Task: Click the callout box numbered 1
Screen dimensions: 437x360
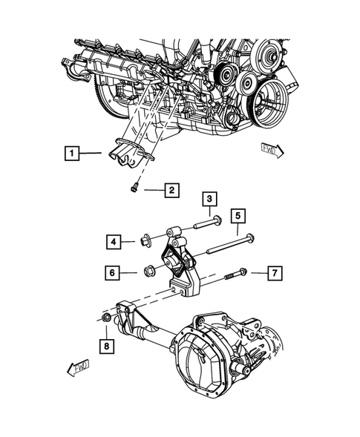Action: [x=71, y=154]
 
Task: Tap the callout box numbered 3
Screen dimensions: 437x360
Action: [x=210, y=199]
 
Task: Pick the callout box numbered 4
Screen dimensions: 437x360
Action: [x=114, y=241]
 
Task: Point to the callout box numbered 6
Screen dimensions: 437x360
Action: [x=114, y=274]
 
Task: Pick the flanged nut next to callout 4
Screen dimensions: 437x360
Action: [x=145, y=240]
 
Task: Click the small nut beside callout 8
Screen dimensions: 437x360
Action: [x=108, y=319]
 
